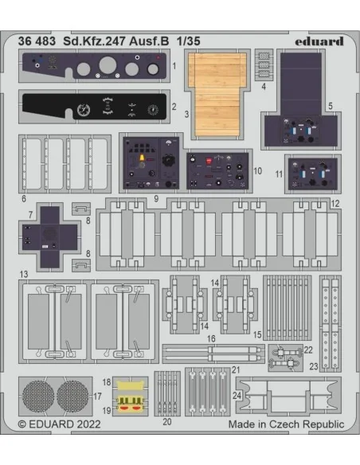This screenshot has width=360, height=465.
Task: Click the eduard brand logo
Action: [319, 41]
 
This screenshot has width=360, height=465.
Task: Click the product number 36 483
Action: [37, 41]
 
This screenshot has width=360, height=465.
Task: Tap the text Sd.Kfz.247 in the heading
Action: [95, 41]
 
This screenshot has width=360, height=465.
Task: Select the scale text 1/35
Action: [189, 41]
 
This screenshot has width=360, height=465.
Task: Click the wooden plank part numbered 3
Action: [217, 94]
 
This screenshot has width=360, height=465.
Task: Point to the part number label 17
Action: [97, 397]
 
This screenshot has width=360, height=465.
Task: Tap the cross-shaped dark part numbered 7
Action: [50, 237]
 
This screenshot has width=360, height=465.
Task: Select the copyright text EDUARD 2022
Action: [59, 424]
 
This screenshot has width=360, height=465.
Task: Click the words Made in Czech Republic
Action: [286, 424]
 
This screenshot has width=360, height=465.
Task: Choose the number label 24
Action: [237, 395]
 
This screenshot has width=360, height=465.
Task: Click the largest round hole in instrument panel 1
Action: [108, 65]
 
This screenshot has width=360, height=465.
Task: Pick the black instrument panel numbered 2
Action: [95, 106]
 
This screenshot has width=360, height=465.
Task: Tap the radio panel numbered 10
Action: [217, 171]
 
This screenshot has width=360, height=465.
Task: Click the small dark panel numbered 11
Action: [313, 174]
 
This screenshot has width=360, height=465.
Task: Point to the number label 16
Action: [211, 338]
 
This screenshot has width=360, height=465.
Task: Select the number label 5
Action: [331, 106]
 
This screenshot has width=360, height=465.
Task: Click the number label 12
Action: [335, 204]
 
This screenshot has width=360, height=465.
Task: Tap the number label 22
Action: [308, 350]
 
